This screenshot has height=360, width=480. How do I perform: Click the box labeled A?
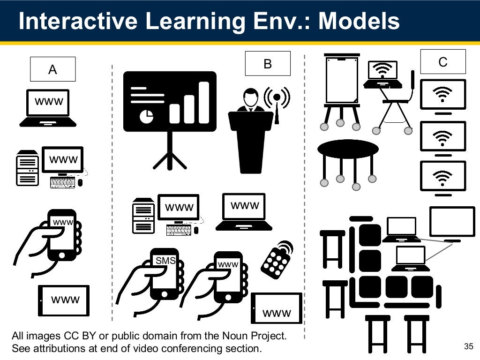click(52, 69)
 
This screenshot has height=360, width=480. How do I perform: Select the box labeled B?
click(268, 64)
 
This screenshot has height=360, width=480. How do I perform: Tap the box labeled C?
click(442, 62)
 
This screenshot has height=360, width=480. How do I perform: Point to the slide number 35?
click(468, 346)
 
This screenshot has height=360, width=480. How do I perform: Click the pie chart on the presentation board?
click(147, 115)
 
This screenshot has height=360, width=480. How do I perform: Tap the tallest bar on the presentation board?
click(204, 102)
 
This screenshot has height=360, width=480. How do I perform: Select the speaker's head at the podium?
click(251, 97)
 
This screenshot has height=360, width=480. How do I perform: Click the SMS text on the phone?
click(165, 261)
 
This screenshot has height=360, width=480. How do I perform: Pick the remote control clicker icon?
click(277, 260)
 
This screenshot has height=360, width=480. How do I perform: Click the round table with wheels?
click(348, 149)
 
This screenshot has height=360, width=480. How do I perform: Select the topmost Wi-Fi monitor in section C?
click(443, 94)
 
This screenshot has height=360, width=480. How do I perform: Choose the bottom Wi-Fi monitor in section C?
click(443, 176)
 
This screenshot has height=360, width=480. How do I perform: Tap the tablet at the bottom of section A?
click(64, 300)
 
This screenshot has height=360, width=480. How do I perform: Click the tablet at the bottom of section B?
click(277, 308)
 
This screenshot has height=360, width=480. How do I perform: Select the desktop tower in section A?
click(27, 167)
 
